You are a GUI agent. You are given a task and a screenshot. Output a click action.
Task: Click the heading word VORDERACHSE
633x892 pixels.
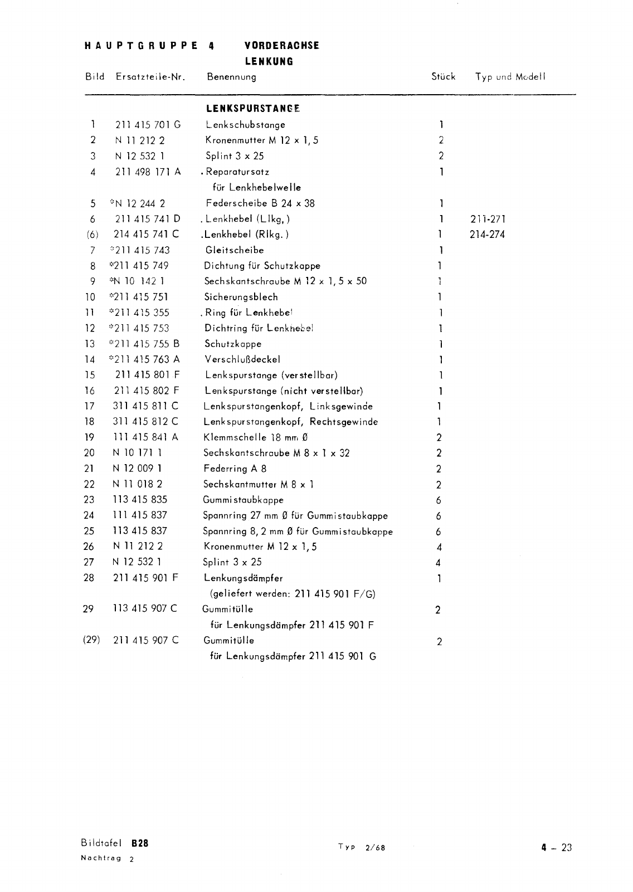click(282, 46)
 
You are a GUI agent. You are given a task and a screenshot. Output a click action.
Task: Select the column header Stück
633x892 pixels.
click(443, 77)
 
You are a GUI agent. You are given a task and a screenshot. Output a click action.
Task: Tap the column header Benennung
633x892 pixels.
click(231, 77)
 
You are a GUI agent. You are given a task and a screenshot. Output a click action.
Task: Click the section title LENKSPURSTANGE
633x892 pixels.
click(253, 109)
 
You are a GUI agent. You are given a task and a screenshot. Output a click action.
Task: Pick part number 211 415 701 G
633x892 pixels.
click(148, 125)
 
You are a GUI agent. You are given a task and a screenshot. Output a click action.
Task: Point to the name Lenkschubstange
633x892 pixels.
click(245, 125)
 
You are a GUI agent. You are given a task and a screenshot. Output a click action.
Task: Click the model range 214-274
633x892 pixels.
click(487, 235)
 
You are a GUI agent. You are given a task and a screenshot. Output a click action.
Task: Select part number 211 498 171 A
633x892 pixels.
click(148, 172)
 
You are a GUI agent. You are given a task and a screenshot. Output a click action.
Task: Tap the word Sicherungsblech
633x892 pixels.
click(241, 297)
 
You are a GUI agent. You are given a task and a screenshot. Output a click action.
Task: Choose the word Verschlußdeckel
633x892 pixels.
click(242, 359)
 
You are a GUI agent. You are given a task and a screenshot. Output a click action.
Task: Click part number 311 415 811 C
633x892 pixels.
click(146, 406)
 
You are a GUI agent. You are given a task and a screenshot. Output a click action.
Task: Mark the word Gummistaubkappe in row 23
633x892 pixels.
click(243, 500)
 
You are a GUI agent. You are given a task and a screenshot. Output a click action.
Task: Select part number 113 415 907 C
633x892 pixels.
click(145, 608)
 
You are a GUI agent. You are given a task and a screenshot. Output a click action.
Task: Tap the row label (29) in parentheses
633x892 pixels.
click(91, 640)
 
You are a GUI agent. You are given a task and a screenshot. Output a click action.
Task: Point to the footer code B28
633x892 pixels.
click(140, 844)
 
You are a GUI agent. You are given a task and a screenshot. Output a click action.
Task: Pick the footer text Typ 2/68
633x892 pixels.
click(362, 847)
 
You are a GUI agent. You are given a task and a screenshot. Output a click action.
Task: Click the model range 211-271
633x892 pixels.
click(488, 219)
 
